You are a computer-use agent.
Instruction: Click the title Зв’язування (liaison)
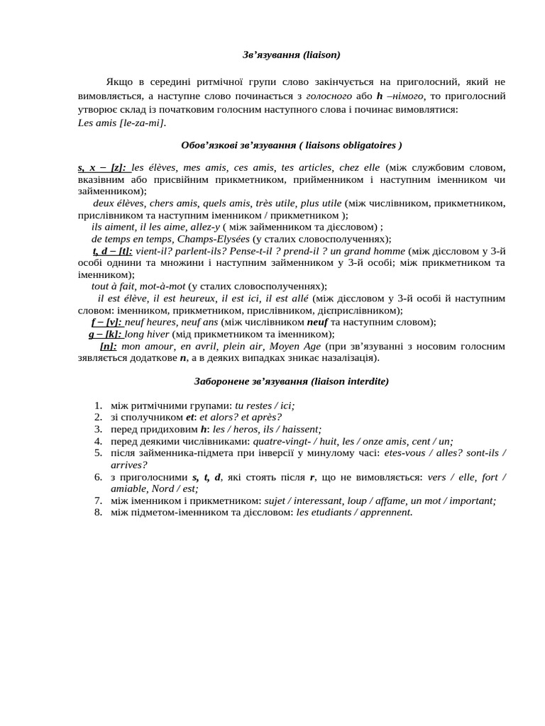tap(291, 54)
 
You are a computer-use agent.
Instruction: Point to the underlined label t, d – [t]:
tap(113, 250)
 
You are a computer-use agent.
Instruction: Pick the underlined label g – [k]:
tap(106, 334)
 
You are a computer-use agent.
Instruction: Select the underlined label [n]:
tap(109, 346)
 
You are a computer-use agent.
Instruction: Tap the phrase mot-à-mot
tap(163, 286)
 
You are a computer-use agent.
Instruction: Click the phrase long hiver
tap(147, 334)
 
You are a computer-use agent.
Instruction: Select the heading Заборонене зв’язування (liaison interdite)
tap(291, 381)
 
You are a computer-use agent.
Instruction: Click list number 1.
tap(98, 406)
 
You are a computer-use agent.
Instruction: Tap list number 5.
tap(98, 452)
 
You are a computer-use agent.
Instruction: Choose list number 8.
tap(98, 512)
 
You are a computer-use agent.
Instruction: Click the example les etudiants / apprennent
tap(353, 512)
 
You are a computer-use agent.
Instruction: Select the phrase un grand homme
tap(369, 250)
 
